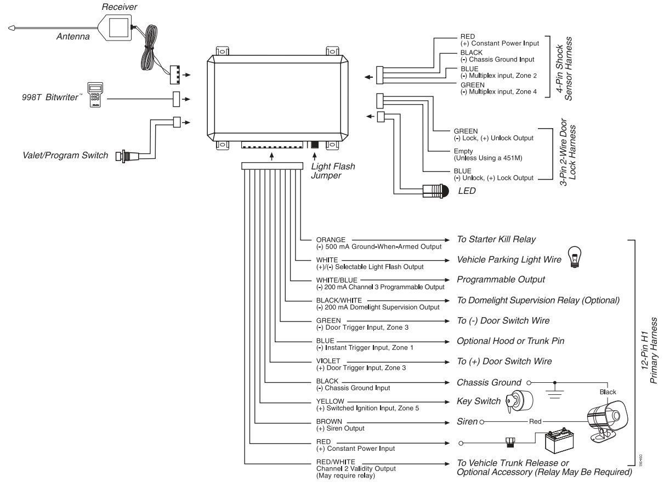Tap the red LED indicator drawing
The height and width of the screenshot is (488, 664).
coord(435,191)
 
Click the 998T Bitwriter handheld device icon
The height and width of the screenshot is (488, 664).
coord(95,95)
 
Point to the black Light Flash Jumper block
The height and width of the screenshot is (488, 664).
coord(315,145)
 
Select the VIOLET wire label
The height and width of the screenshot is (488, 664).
coord(328,361)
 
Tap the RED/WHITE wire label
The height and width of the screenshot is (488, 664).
coord(336,462)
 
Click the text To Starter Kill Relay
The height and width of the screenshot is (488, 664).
coord(496,239)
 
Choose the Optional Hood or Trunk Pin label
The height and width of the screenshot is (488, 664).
coord(510,341)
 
